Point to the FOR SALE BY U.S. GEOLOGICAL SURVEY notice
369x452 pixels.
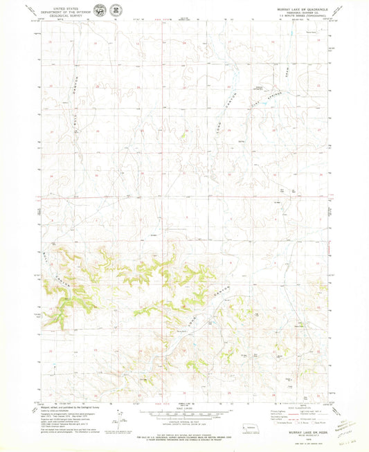click(x=184, y=437)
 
